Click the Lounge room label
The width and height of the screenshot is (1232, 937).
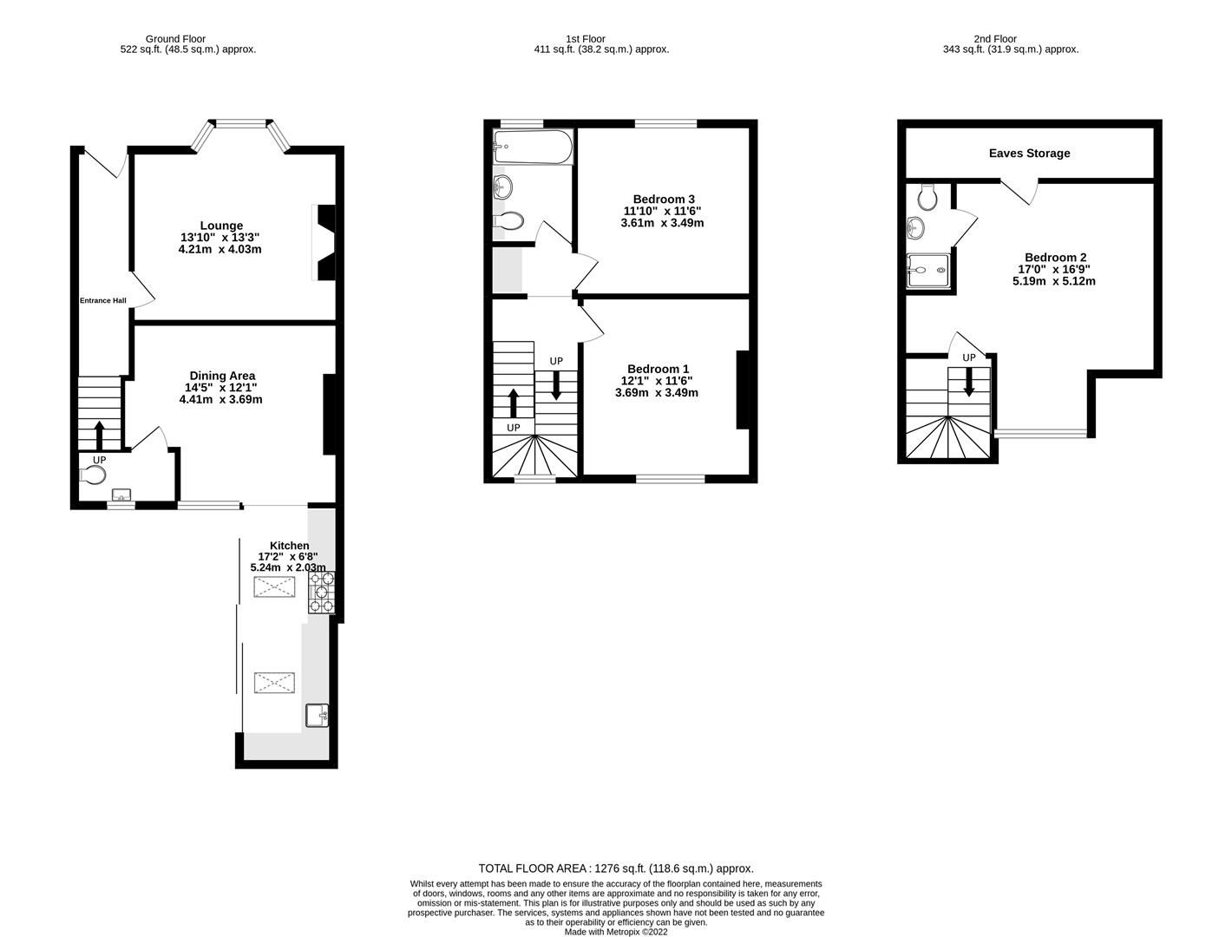[x=221, y=226]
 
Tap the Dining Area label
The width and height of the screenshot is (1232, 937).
[x=222, y=376]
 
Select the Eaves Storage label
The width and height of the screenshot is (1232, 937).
[x=1029, y=154]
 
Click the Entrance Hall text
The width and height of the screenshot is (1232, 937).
[x=103, y=301]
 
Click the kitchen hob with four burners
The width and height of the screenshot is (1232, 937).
[x=321, y=593]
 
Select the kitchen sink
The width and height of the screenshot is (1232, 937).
[x=318, y=715]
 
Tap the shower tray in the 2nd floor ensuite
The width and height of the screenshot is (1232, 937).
[x=929, y=270]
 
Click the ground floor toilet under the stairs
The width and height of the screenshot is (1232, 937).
[x=92, y=475]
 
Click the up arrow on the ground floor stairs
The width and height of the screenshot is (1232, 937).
[x=99, y=435]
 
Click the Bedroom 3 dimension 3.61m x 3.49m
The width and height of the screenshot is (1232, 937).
[x=662, y=223]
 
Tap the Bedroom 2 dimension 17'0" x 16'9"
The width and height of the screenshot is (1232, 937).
[x=1054, y=269]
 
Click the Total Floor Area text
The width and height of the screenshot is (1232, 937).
[x=616, y=868]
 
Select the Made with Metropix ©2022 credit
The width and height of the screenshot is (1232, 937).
[x=616, y=932]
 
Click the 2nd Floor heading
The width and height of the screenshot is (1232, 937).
[x=994, y=38]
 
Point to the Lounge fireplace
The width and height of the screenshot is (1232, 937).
[x=324, y=242]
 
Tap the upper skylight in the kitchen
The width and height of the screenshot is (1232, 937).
[x=274, y=587]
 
